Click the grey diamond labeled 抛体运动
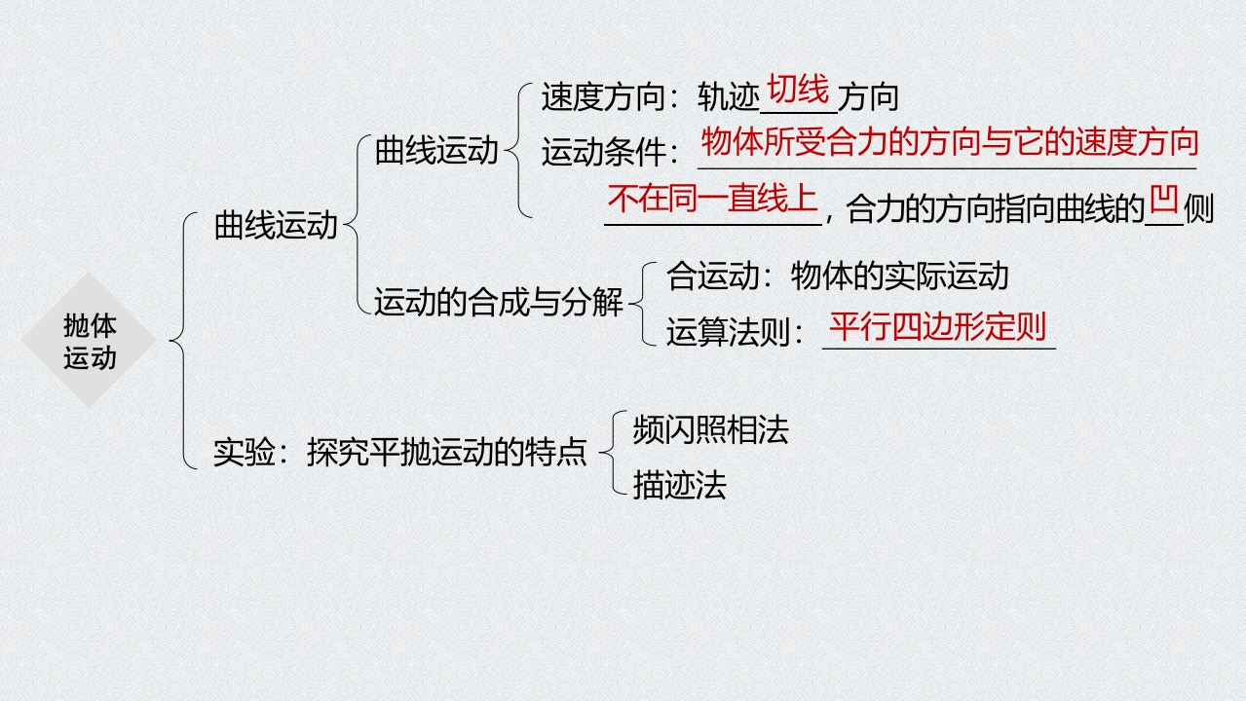pyautogui.click(x=90, y=341)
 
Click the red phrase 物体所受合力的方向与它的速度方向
pyautogui.click(x=949, y=143)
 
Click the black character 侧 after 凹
pyautogui.click(x=1199, y=209)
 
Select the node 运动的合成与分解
pyautogui.click(x=499, y=303)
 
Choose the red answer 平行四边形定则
pyautogui.click(x=937, y=326)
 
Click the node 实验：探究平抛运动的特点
pyautogui.click(x=400, y=453)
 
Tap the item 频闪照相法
pyautogui.click(x=710, y=430)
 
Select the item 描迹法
pyautogui.click(x=679, y=484)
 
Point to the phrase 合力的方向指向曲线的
pyautogui.click(x=994, y=209)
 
